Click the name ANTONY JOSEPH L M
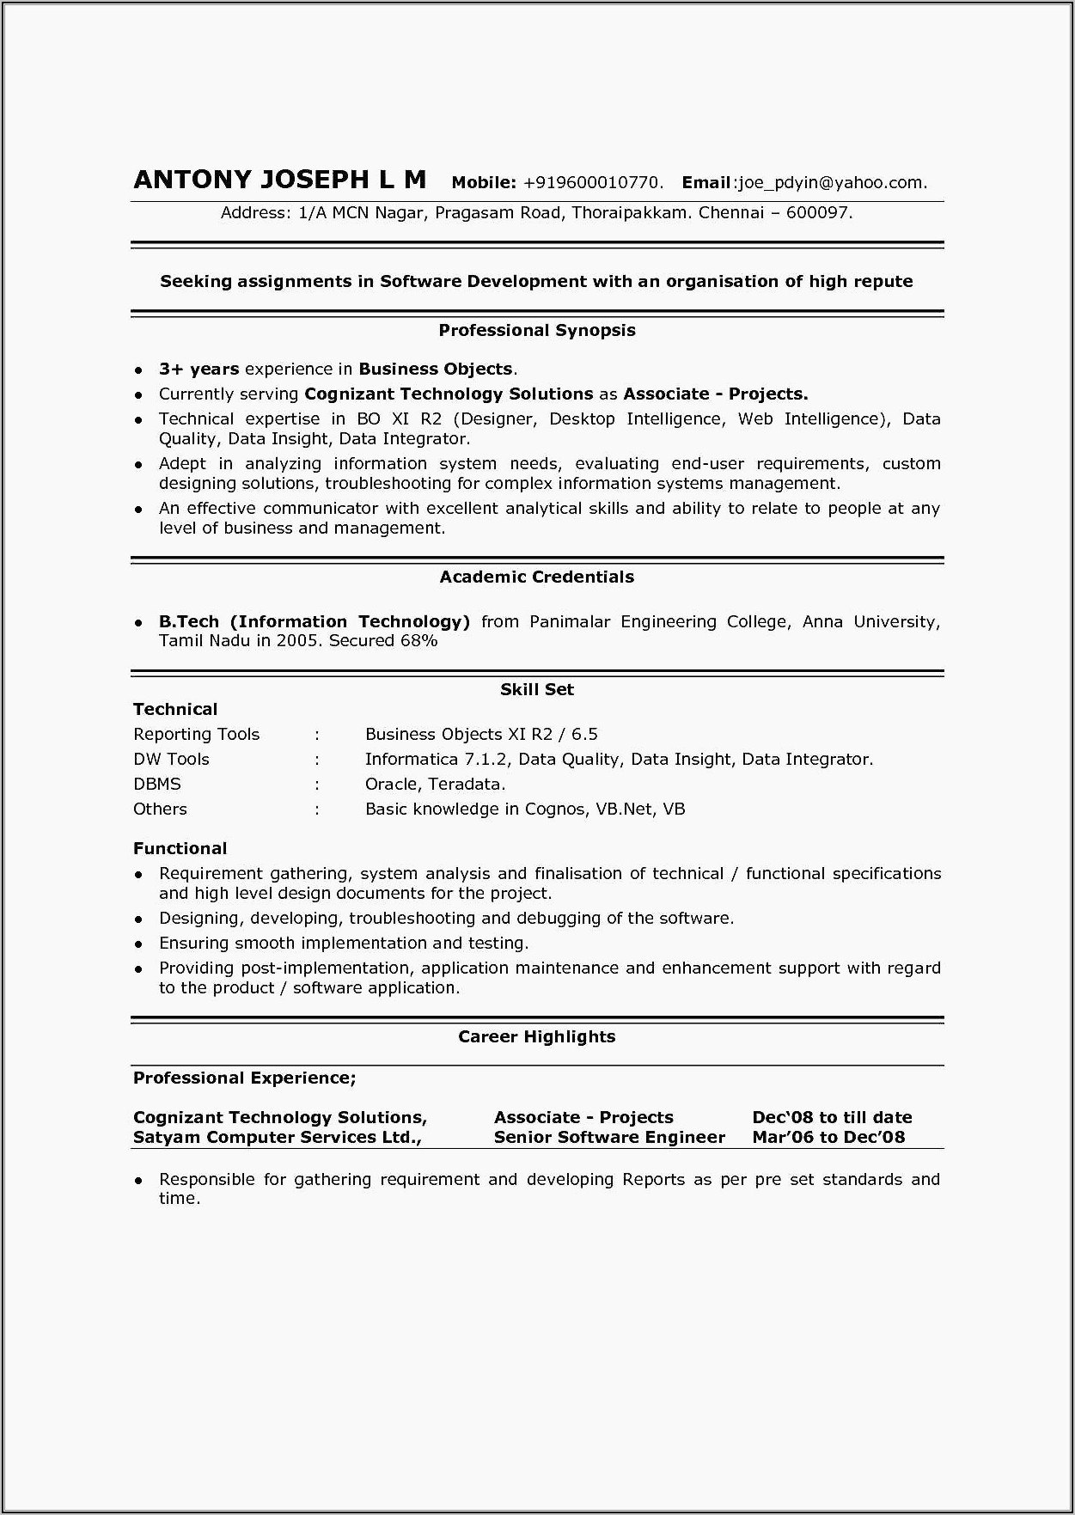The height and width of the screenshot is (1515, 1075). (x=279, y=180)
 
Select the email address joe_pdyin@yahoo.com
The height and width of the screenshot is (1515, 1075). (x=832, y=182)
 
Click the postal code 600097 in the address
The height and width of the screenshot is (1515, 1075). (x=817, y=212)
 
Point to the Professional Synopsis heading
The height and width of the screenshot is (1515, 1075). (x=536, y=330)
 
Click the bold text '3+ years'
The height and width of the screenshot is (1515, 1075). (x=199, y=369)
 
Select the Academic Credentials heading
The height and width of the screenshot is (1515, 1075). (x=536, y=577)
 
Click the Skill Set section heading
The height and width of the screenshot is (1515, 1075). (x=536, y=689)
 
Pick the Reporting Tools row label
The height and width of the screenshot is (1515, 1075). (x=196, y=734)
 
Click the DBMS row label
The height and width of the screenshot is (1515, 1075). (x=156, y=784)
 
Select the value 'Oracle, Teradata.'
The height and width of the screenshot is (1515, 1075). (x=435, y=784)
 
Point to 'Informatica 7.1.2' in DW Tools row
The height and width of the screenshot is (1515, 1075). (x=437, y=759)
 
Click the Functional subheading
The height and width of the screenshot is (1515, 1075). (x=180, y=848)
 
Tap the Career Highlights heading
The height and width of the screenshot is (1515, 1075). (x=536, y=1036)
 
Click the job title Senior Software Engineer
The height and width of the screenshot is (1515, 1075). (x=609, y=1137)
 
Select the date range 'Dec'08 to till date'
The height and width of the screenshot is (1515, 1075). (x=831, y=1117)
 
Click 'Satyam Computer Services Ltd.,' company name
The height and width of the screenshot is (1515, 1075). (x=277, y=1137)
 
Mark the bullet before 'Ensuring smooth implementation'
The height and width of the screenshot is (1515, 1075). (x=138, y=944)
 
